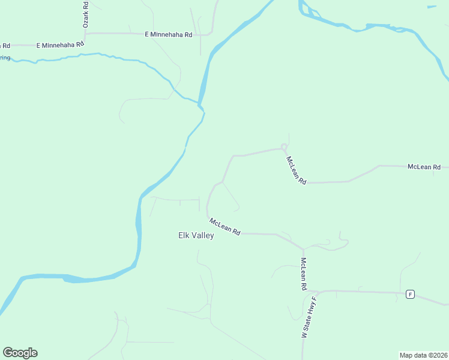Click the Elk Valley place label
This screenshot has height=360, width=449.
pyautogui.click(x=196, y=236)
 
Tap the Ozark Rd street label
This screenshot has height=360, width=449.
pyautogui.click(x=85, y=14)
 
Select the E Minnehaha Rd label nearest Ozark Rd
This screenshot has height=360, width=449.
pyautogui.click(x=60, y=45)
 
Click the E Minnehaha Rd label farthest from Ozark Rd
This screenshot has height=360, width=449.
pyautogui.click(x=168, y=35)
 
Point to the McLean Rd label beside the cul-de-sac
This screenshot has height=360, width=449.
pyautogui.click(x=297, y=170)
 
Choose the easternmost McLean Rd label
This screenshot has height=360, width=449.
pyautogui.click(x=424, y=167)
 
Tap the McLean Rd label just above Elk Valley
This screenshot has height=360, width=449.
pyautogui.click(x=225, y=227)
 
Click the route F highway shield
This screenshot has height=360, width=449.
pyautogui.click(x=410, y=294)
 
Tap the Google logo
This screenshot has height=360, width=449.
pyautogui.click(x=20, y=353)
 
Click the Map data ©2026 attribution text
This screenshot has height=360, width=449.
pyautogui.click(x=423, y=355)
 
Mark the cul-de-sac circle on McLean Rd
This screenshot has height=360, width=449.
pyautogui.click(x=284, y=147)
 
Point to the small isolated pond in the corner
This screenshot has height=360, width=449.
pyautogui.click(x=432, y=7)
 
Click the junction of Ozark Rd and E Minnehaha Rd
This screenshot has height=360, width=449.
pyautogui.click(x=85, y=34)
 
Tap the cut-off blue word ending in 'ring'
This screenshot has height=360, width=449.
pyautogui.click(x=5, y=58)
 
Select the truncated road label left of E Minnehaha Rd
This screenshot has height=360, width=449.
pyautogui.click(x=5, y=46)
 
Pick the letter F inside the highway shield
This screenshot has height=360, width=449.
pyautogui.click(x=410, y=294)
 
